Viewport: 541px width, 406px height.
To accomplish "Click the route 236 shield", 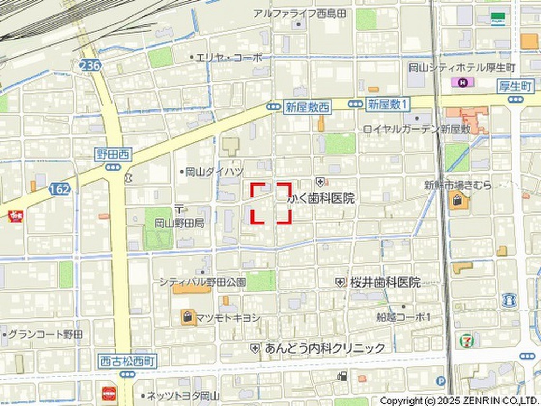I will [x=90, y=65].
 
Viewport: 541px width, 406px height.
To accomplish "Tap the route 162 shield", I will [x=59, y=189].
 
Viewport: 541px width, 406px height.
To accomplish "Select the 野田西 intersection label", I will [x=113, y=154].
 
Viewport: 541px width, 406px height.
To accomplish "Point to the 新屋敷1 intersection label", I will [x=387, y=104].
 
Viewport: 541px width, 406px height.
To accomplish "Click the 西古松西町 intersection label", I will [x=127, y=362].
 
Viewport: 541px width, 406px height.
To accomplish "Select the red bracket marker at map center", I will [x=270, y=203].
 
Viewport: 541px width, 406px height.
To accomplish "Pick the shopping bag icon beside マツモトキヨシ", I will [x=188, y=317].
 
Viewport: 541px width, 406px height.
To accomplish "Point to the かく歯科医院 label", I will [x=321, y=199].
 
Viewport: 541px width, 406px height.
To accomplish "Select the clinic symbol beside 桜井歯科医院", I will [x=340, y=283].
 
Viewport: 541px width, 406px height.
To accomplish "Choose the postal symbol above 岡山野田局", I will [x=179, y=208].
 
